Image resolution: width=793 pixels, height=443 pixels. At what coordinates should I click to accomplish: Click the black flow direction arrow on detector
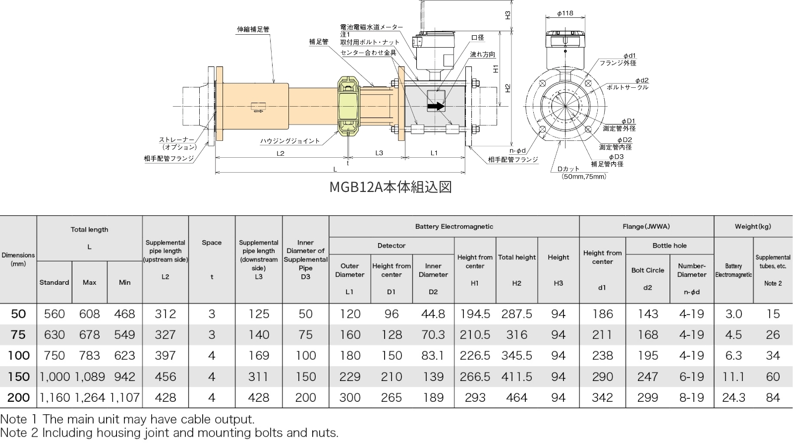435,106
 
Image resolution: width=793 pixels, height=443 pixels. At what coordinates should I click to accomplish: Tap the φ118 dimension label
565,13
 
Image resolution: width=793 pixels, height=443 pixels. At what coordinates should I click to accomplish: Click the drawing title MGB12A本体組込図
391,187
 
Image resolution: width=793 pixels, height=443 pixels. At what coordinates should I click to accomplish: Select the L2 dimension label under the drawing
281,153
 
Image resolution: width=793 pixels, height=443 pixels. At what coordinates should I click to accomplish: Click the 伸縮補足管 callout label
253,30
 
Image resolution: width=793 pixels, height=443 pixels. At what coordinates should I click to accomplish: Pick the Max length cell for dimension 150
90,377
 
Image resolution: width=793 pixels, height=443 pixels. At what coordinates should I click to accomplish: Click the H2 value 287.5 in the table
516,314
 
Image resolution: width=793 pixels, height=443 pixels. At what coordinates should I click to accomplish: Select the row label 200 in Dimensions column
18,397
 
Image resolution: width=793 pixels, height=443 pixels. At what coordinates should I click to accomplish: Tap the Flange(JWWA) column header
646,227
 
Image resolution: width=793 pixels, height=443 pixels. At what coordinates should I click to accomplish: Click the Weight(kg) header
753,227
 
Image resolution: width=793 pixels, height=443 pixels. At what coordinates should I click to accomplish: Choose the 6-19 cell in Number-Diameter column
691,377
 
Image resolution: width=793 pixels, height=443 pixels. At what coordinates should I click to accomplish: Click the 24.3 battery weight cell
733,397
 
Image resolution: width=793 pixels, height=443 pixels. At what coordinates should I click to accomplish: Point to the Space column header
212,243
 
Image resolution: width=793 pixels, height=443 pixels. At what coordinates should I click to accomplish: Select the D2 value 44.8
433,314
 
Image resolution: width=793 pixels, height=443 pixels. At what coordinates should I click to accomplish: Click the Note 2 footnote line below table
169,433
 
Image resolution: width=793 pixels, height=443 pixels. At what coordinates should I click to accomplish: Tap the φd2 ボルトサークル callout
627,84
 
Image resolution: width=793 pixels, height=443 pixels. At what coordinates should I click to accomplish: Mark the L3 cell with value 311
258,377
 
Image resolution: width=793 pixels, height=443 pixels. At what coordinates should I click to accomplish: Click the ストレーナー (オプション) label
177,143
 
